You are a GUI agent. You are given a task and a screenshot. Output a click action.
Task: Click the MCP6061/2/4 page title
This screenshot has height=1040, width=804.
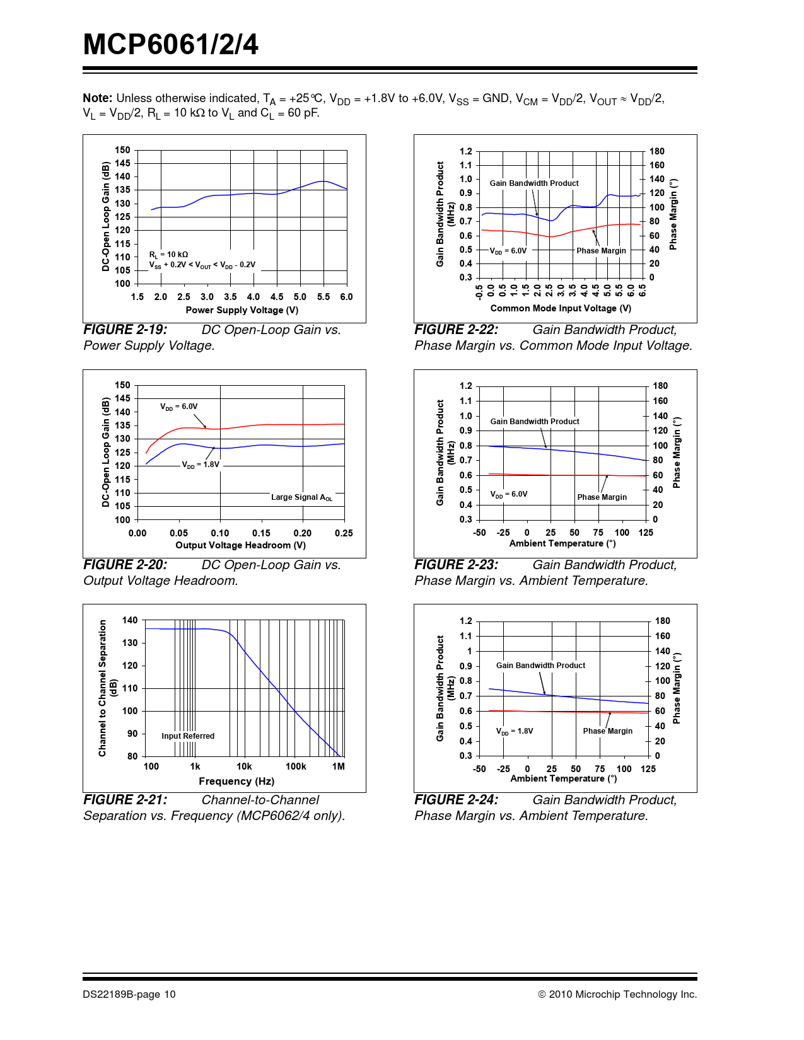point(170,45)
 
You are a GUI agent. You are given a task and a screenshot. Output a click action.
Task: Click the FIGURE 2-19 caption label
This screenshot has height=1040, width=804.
point(125,330)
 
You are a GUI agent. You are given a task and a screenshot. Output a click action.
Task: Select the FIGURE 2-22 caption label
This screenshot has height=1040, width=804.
point(456,330)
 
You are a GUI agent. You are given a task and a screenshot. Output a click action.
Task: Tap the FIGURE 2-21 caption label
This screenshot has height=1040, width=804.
point(125,800)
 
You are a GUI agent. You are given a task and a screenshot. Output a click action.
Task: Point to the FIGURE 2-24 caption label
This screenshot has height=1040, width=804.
point(456,800)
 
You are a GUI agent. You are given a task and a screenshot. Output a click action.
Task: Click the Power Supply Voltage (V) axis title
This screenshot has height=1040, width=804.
point(242,310)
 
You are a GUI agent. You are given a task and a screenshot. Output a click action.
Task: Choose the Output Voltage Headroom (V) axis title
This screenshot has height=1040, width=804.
point(240,545)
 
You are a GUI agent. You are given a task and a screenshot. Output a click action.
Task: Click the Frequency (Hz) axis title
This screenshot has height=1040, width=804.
point(236,781)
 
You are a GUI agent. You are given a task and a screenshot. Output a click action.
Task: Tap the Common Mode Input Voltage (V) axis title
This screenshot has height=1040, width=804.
point(561,308)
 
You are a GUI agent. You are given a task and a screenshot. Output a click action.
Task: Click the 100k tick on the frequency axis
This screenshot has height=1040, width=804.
point(296,766)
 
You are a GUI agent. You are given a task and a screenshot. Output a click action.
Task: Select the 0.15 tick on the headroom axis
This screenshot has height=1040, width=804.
point(261,533)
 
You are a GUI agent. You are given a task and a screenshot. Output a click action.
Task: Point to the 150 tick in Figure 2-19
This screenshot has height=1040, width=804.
point(122,150)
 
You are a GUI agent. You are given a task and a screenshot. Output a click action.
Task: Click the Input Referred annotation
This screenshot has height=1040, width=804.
point(188,736)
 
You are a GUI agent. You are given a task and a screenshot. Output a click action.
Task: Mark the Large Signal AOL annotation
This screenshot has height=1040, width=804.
point(301,497)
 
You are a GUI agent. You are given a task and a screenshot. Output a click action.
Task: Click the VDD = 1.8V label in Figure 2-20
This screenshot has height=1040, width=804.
point(201,465)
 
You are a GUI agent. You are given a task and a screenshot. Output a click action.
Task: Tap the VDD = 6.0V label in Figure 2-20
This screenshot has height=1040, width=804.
point(178,407)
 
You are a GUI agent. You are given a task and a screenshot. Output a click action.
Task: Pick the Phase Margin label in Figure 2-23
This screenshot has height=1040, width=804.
point(602,497)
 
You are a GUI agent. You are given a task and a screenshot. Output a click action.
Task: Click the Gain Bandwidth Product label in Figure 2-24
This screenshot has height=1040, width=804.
point(540,666)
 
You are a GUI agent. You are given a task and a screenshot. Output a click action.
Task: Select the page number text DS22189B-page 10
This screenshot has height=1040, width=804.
point(129,995)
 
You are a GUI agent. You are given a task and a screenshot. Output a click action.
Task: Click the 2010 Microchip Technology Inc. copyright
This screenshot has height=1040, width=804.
point(617,995)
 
